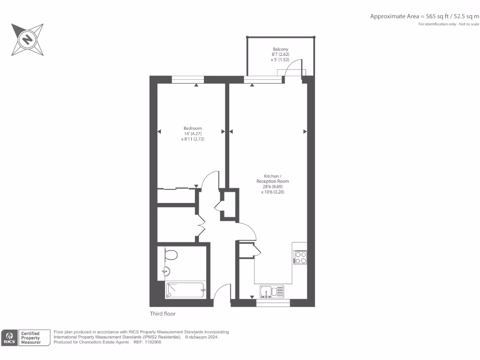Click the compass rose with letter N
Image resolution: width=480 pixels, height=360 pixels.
[28, 39]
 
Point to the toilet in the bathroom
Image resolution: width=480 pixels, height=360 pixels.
[171, 255]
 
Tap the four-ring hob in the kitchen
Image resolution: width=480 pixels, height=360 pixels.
[300, 257]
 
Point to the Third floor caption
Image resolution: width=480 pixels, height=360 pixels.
[163, 314]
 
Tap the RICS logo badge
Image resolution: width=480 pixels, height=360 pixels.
[10, 337]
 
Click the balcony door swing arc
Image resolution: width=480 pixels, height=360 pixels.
[294, 68]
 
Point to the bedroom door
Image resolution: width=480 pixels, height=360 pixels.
[210, 180]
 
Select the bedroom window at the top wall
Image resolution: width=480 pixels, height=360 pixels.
[187, 80]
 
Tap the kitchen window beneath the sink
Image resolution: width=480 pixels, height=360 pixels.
[273, 303]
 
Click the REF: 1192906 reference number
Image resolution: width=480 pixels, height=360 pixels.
[148, 342]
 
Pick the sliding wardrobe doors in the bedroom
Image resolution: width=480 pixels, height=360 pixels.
[176, 189]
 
